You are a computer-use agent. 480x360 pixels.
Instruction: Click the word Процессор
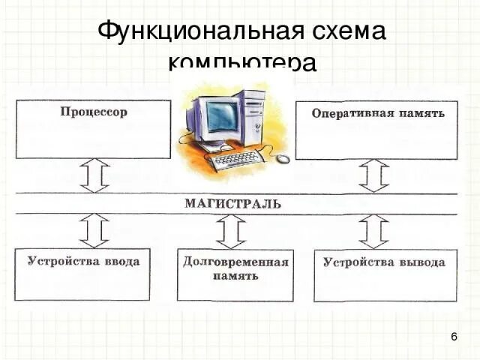pos(94,112)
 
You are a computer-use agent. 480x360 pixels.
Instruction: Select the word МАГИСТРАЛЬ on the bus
pos(233,203)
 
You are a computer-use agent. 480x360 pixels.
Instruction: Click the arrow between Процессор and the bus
pos(94,175)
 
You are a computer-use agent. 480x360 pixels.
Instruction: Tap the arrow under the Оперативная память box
pos(373,175)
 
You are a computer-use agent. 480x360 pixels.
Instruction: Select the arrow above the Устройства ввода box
pos(94,229)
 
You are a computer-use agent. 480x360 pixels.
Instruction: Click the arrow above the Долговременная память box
pos(231,231)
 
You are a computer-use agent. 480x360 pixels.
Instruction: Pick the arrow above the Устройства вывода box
pos(373,230)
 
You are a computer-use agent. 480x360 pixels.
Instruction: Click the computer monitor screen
pos(221,116)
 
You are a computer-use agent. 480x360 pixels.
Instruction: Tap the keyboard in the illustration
pos(235,159)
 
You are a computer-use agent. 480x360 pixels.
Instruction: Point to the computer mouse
pos(283,158)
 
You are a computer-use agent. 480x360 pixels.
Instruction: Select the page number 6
pos(454,337)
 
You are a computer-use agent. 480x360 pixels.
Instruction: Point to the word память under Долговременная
pos(235,276)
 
